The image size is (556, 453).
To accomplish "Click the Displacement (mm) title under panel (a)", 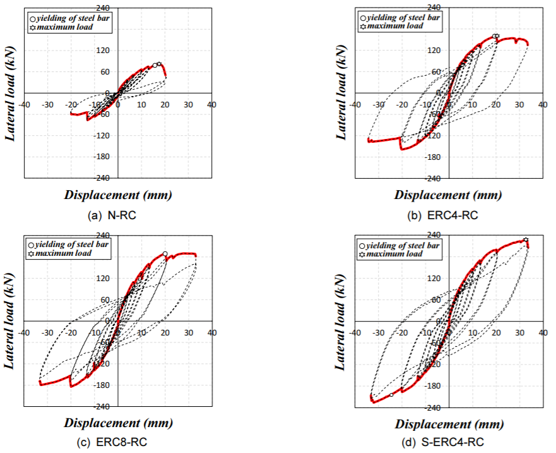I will pyautogui.click(x=118, y=195).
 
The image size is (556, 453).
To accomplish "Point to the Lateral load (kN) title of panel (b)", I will pyautogui.click(x=341, y=93).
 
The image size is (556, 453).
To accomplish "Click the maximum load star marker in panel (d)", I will pyautogui.click(x=526, y=240).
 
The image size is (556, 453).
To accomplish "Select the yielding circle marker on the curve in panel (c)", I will pyautogui.click(x=165, y=254).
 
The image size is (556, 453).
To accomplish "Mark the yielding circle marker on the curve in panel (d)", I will pyautogui.click(x=391, y=395).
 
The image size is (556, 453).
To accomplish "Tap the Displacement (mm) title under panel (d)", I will pyautogui.click(x=449, y=423).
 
